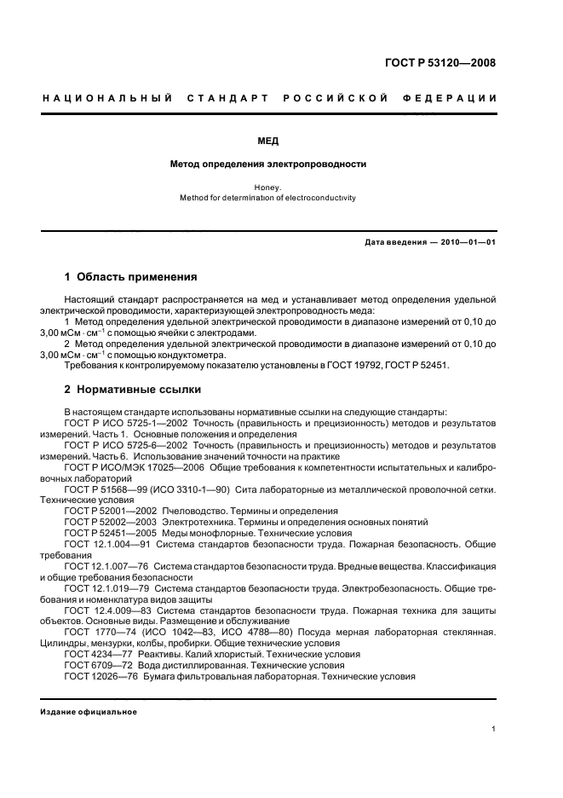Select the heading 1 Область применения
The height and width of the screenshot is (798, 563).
[131, 277]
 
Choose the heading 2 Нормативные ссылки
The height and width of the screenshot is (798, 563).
[133, 390]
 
